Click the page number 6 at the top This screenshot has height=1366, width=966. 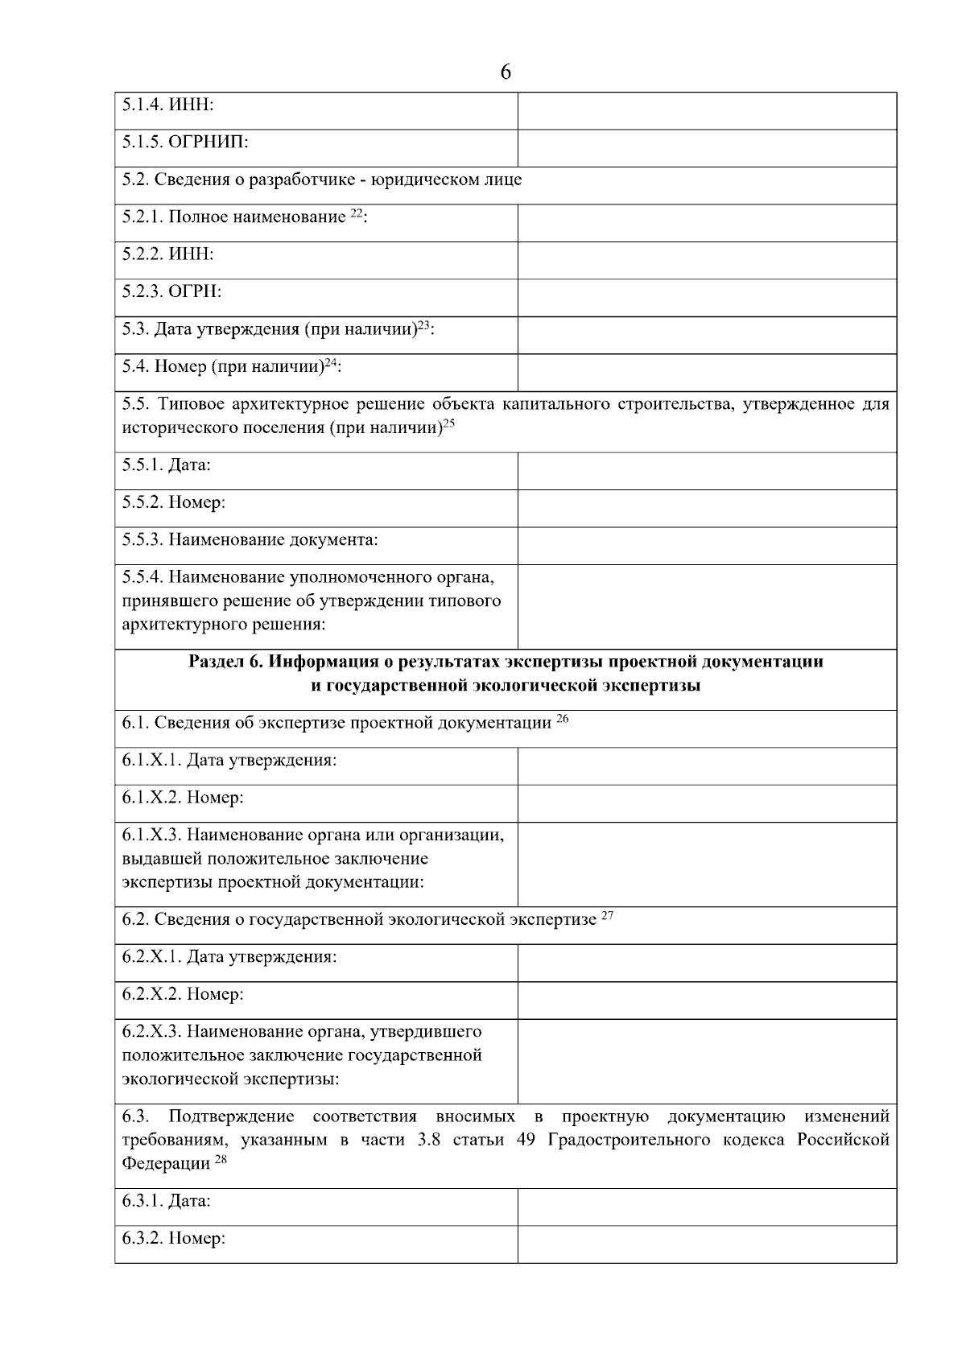tap(505, 72)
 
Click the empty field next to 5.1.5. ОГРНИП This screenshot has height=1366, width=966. tap(707, 148)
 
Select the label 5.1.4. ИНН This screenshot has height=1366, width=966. tap(167, 105)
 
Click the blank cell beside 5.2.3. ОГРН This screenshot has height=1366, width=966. tap(707, 298)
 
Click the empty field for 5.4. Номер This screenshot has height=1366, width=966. tap(707, 373)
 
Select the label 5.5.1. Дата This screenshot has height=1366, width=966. tap(166, 465)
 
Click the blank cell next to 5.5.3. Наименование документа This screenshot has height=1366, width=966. tap(707, 546)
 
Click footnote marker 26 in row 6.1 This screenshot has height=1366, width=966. tap(563, 719)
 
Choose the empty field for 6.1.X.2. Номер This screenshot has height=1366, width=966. tap(707, 803)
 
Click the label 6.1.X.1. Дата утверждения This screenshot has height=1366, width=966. tap(229, 761)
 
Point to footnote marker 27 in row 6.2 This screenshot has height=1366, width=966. tap(608, 916)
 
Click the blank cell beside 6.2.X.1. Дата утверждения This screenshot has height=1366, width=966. tap(707, 963)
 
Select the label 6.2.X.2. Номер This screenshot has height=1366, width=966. tap(182, 995)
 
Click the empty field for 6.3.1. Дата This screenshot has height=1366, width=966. tap(707, 1207)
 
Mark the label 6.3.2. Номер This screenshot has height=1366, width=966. tap(173, 1239)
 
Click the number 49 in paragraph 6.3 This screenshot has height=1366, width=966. tap(525, 1141)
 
